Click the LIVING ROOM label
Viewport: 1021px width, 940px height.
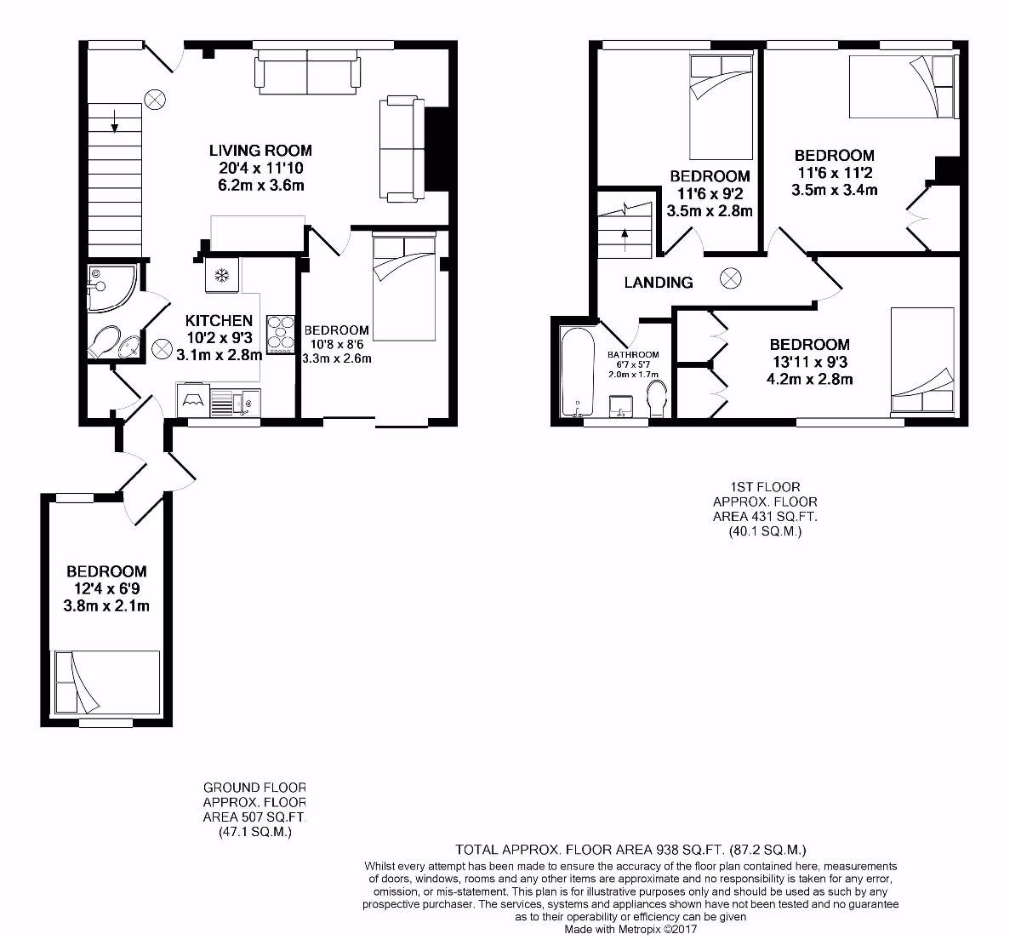click(x=260, y=151)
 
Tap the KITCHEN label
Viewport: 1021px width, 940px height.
click(x=219, y=321)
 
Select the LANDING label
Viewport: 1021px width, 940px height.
click(x=658, y=283)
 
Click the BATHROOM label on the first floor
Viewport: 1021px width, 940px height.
click(x=632, y=355)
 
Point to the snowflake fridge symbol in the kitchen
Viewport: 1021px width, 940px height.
click(x=221, y=275)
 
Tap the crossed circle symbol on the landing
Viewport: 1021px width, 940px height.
click(x=729, y=278)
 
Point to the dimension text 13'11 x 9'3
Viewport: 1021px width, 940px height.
click(x=809, y=362)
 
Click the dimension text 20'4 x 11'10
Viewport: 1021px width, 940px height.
click(x=260, y=168)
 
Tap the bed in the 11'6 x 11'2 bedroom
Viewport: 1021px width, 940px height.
click(x=902, y=85)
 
